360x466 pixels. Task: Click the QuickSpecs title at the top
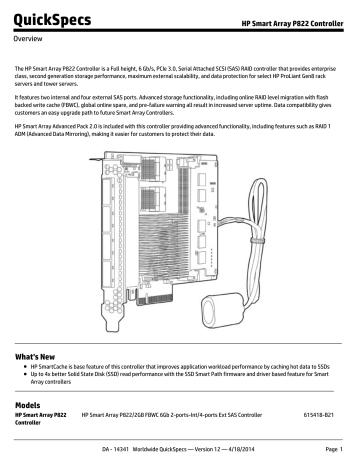(x=48, y=19)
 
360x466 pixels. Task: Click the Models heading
(x=33, y=401)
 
